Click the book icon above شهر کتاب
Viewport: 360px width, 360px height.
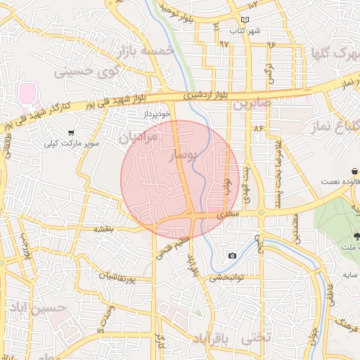click(244, 20)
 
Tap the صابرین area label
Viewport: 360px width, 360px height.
click(252, 103)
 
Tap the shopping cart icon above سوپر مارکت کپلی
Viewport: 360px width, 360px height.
click(71, 133)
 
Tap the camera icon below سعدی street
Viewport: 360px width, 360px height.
click(232, 255)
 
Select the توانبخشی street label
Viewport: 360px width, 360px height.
click(226, 277)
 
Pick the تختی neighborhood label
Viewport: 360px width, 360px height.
click(256, 337)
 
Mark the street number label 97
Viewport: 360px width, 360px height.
click(224, 44)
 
